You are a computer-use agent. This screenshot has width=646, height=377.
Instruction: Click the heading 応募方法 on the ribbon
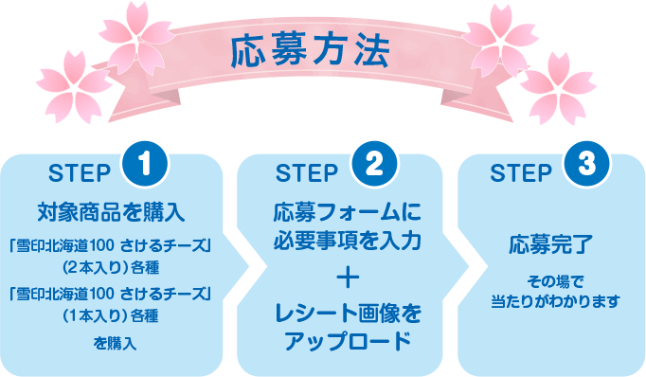coord(309,52)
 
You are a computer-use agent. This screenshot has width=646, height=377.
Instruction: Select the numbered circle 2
coord(373,164)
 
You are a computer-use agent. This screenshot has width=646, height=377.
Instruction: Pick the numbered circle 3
coord(586,164)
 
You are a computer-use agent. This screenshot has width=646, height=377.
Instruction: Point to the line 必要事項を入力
coord(347,237)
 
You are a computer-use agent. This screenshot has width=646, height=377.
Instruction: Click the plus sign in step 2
coord(347,278)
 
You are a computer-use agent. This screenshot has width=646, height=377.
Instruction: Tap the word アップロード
coord(347,340)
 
